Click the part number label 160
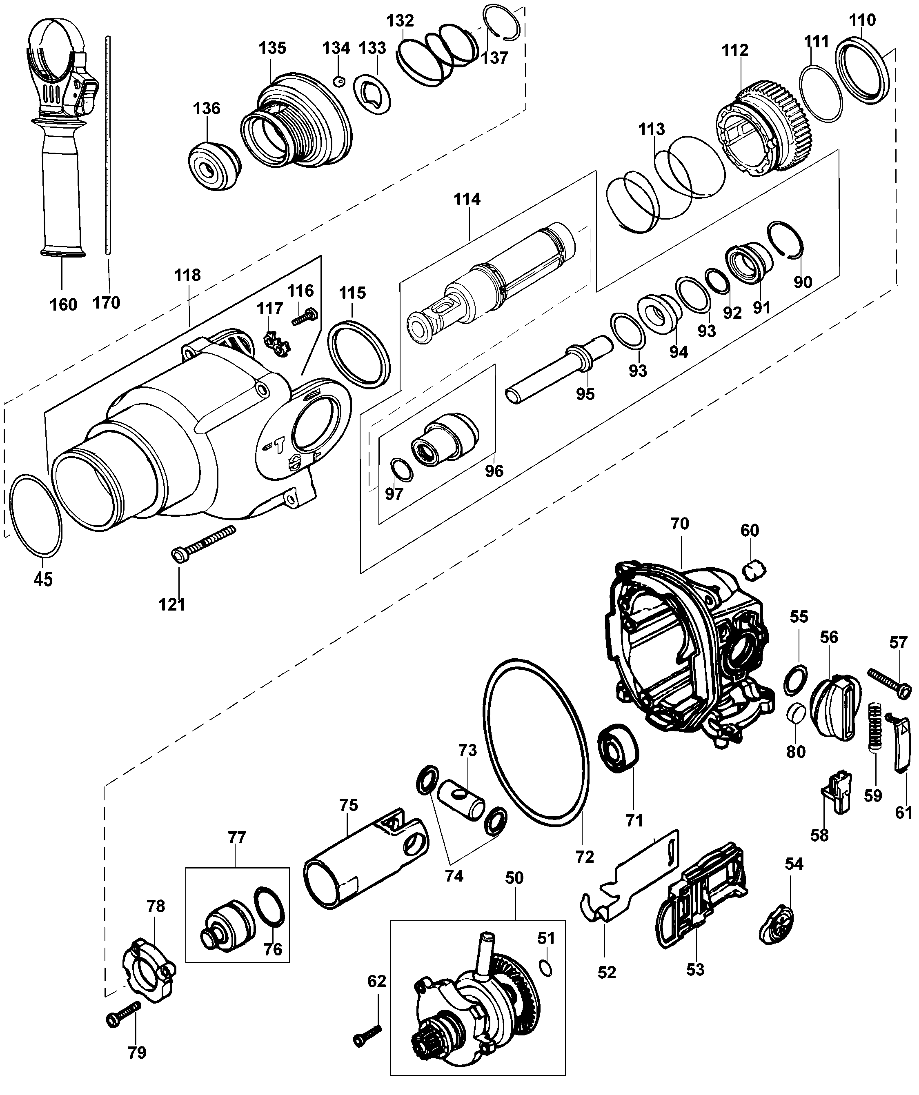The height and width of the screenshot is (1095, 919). tap(63, 304)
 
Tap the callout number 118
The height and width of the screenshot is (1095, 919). tap(188, 275)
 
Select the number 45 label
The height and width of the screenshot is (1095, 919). tap(43, 579)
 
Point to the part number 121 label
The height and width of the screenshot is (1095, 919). tap(172, 604)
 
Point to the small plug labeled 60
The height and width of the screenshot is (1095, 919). tap(754, 568)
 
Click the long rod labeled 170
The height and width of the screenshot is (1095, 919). tap(108, 146)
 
